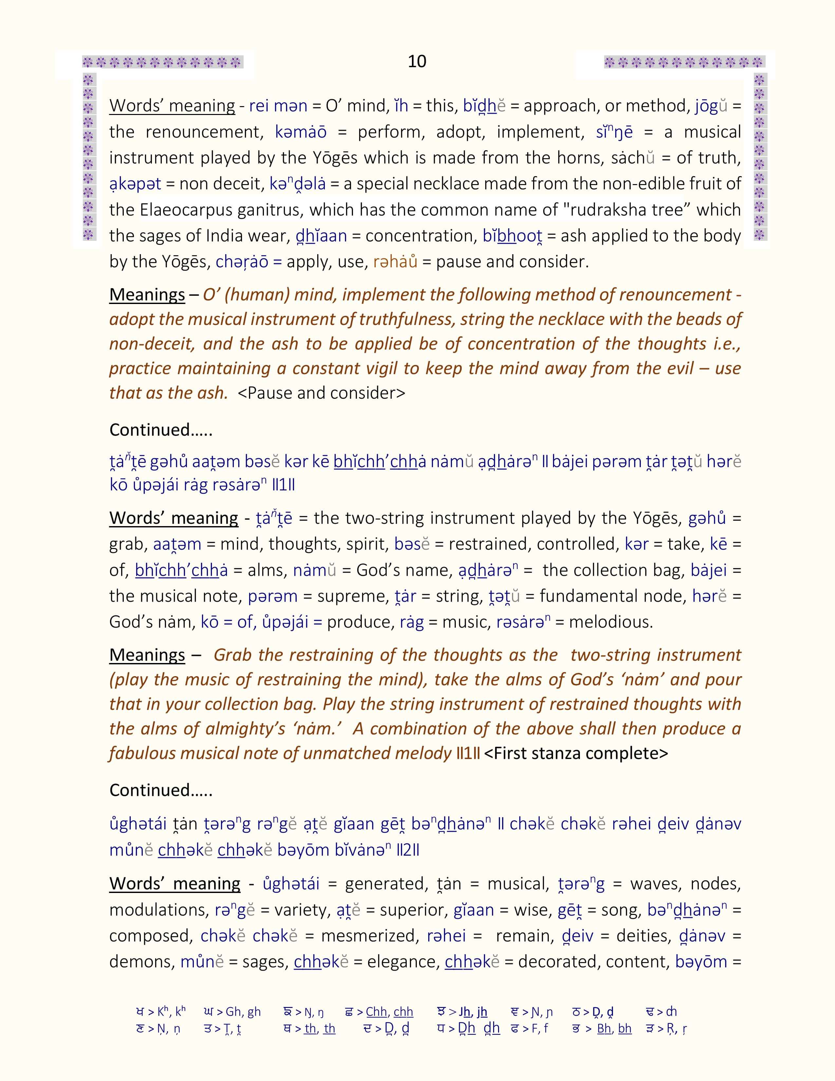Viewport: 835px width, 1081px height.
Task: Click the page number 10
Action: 417,61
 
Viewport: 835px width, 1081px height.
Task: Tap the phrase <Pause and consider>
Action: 322,393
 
